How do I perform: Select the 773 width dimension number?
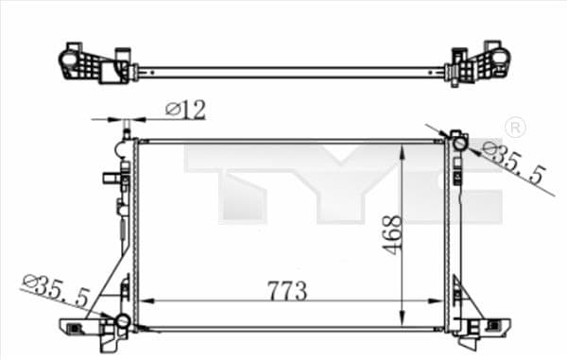click(x=286, y=290)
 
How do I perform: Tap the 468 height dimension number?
click(x=393, y=233)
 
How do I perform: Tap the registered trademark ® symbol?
click(x=515, y=128)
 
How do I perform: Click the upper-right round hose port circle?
click(x=459, y=144)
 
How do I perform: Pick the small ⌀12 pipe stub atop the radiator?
click(x=126, y=129)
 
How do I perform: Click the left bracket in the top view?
click(x=94, y=64)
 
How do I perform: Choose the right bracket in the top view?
click(x=479, y=63)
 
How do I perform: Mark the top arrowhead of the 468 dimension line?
click(x=404, y=149)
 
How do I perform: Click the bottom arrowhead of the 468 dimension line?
click(x=404, y=318)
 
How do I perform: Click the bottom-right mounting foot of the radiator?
click(x=482, y=328)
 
